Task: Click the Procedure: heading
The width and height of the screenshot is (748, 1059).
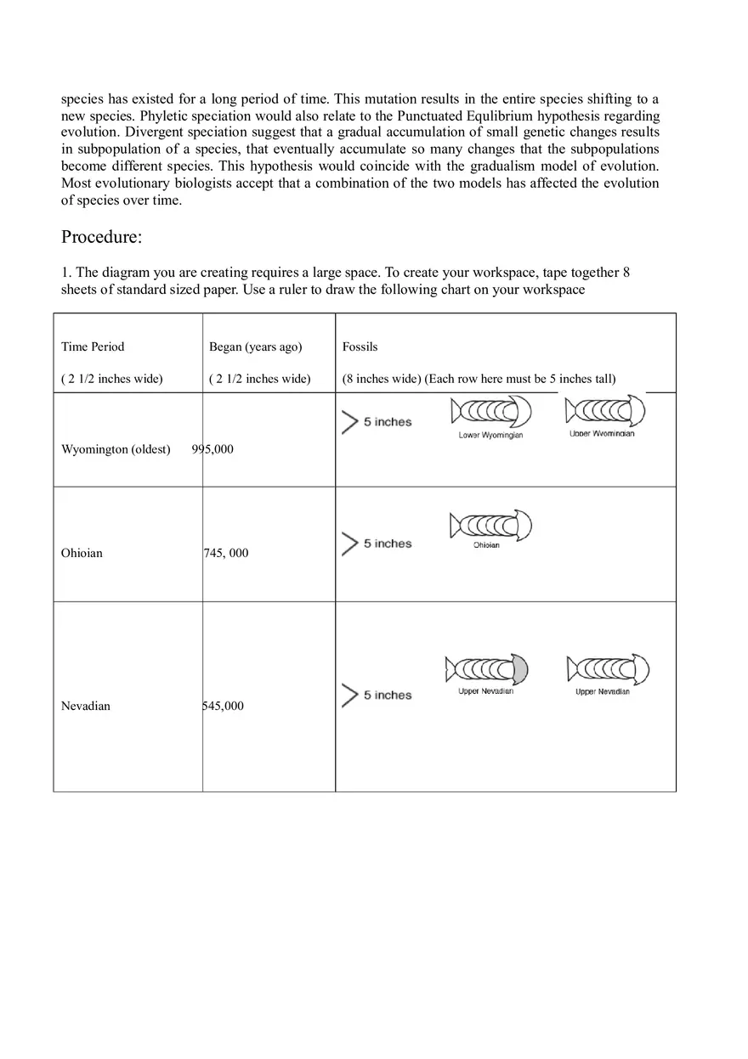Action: pyautogui.click(x=101, y=237)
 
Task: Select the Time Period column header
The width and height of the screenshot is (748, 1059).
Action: pyautogui.click(x=93, y=346)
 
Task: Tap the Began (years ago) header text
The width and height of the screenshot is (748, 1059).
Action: pyautogui.click(x=256, y=346)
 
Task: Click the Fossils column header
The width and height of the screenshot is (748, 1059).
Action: pyautogui.click(x=360, y=346)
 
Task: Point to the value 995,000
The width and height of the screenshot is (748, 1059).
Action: pyautogui.click(x=212, y=449)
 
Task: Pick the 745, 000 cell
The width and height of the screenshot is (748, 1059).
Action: pyautogui.click(x=226, y=553)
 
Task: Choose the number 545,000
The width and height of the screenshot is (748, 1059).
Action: pyautogui.click(x=223, y=706)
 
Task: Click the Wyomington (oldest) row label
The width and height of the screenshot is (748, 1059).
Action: pyautogui.click(x=116, y=449)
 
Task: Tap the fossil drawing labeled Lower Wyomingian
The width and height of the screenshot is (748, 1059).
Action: pyautogui.click(x=491, y=412)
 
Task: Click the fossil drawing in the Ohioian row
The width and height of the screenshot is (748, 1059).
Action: pyautogui.click(x=490, y=527)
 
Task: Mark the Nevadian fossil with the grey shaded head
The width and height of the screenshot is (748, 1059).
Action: pyautogui.click(x=487, y=670)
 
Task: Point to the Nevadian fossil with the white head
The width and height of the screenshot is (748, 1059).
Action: pyautogui.click(x=608, y=670)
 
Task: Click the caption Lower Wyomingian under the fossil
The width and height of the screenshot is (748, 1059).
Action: pyautogui.click(x=490, y=436)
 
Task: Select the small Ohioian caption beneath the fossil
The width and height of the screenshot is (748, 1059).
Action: pyautogui.click(x=486, y=545)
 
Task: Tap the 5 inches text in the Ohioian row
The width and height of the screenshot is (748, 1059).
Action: pyautogui.click(x=388, y=544)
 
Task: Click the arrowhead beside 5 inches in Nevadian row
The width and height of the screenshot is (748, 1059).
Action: pyautogui.click(x=349, y=696)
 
